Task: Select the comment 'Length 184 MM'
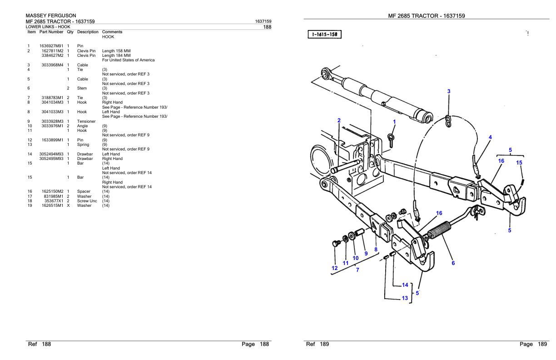point(114,55)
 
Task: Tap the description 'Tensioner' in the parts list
point(86,121)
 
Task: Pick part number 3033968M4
point(52,65)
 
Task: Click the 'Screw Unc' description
point(86,201)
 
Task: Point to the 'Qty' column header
point(70,32)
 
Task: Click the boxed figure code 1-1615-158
point(325,34)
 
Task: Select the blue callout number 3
point(449,91)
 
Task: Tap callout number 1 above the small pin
point(394,122)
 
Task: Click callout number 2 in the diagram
point(339,120)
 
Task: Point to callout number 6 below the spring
point(453,263)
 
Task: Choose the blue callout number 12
point(334,268)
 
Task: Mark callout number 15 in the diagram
point(519,162)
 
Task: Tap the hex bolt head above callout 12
point(335,244)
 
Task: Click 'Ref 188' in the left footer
point(40,345)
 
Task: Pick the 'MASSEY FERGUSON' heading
point(50,16)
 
